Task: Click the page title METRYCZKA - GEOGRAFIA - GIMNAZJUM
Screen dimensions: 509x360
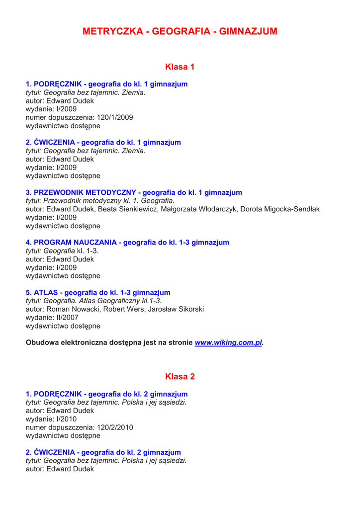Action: click(180, 31)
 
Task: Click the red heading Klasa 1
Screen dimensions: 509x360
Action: click(180, 67)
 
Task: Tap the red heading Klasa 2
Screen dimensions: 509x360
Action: click(180, 377)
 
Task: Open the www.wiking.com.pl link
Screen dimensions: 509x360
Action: click(228, 343)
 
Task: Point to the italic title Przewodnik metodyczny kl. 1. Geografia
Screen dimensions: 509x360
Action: click(108, 201)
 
